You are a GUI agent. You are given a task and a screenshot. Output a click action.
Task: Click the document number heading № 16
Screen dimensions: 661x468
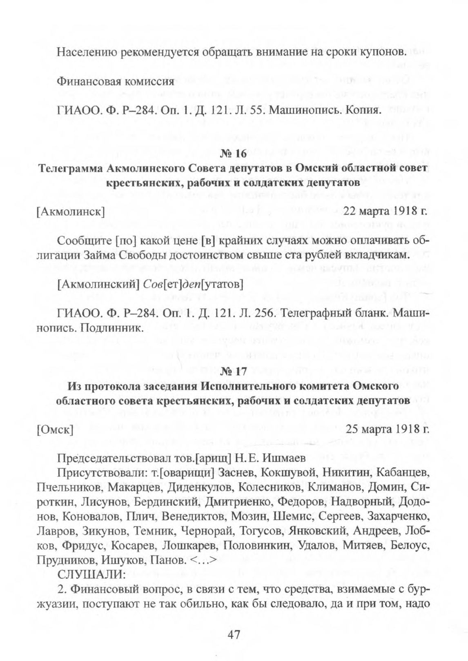tap(234, 154)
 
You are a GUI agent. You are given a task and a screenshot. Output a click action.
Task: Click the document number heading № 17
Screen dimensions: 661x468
tap(234, 372)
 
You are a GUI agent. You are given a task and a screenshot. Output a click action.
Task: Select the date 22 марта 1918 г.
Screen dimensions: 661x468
tap(386, 211)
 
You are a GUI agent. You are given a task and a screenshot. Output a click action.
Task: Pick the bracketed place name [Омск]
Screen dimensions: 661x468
tap(55, 430)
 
